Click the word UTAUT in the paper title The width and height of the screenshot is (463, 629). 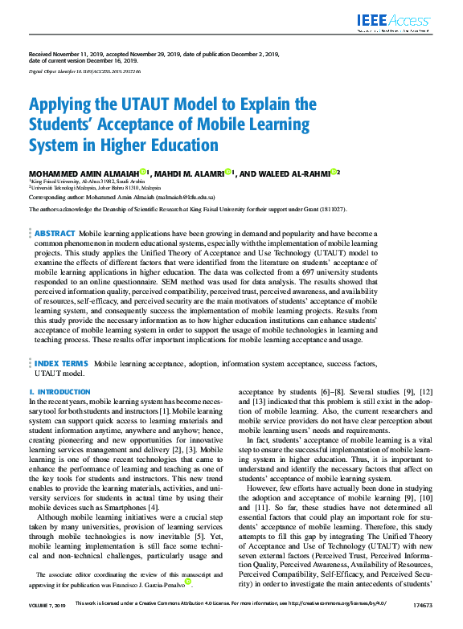click(129, 104)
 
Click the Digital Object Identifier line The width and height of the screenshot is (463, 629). click(85, 71)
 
